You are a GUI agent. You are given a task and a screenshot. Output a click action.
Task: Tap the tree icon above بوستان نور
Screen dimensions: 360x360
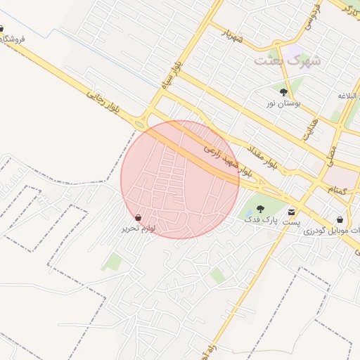(283, 92)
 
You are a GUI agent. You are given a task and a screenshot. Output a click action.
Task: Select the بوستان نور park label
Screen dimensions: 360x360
(283, 103)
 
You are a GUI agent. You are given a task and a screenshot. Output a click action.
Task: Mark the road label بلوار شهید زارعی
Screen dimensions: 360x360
(228, 159)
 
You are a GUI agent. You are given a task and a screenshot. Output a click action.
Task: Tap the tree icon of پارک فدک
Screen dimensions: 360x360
(260, 209)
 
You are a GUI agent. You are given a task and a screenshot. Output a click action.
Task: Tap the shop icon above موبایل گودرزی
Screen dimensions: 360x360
(340, 219)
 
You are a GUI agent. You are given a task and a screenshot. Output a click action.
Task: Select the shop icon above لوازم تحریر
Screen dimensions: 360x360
(139, 217)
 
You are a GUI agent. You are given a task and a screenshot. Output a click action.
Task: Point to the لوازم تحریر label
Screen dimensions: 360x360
(139, 229)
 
